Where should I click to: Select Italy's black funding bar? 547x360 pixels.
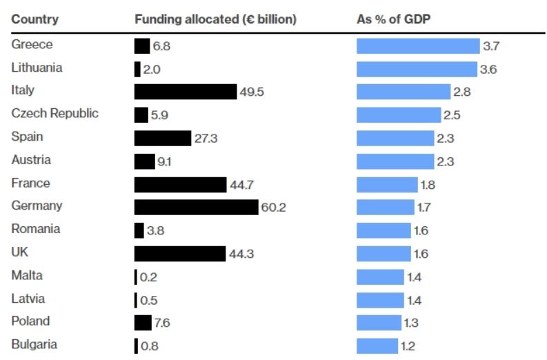(x=185, y=92)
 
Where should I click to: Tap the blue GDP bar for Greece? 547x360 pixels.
(x=417, y=46)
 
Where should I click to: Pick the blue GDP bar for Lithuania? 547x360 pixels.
(x=417, y=69)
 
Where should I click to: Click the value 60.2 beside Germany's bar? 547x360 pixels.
(x=273, y=208)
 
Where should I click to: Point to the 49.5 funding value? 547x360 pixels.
(x=251, y=92)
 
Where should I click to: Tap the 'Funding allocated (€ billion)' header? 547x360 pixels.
(x=215, y=19)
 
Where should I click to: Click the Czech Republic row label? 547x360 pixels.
(x=55, y=114)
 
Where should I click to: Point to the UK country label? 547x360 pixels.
(x=19, y=252)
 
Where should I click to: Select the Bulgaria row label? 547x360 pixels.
(x=34, y=344)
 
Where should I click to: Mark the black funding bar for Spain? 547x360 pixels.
(x=162, y=138)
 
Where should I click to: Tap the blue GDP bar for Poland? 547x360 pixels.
(x=379, y=322)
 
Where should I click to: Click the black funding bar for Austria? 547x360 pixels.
(x=144, y=161)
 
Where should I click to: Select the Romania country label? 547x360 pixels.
(x=36, y=229)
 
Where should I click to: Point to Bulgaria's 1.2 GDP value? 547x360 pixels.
(x=408, y=346)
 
